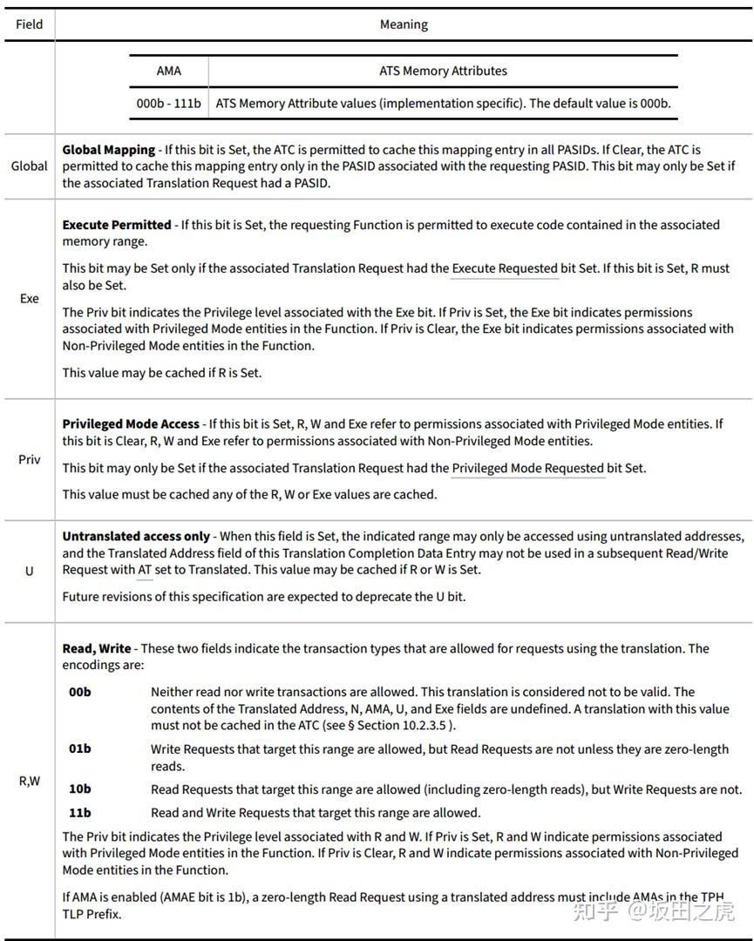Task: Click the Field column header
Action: tap(29, 24)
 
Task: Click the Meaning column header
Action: tap(404, 24)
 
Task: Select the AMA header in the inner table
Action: tap(169, 71)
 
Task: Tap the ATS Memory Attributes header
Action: tap(443, 71)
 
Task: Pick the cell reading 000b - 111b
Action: tap(169, 103)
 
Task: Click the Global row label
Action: tap(29, 166)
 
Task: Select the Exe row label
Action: tap(29, 299)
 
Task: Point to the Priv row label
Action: tap(29, 460)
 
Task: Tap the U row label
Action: tap(29, 572)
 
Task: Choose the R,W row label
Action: tap(29, 781)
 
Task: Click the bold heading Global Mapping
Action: tap(108, 150)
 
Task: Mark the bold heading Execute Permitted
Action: tap(114, 225)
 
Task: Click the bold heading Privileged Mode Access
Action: tap(131, 424)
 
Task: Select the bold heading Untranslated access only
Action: tap(136, 537)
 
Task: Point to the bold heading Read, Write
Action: tap(97, 648)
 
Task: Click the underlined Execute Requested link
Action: tap(505, 268)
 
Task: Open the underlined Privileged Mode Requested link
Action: tap(527, 468)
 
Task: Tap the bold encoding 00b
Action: tap(80, 693)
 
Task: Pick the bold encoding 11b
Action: tap(80, 813)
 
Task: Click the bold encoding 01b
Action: tap(80, 748)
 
